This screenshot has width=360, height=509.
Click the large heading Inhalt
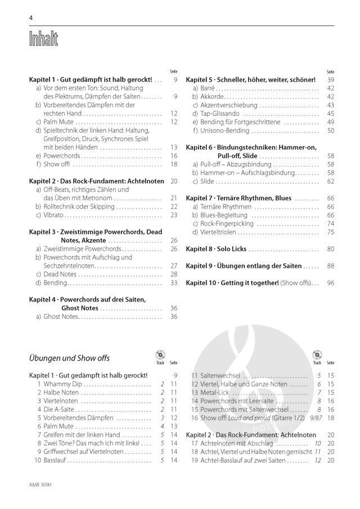tap(43, 40)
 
